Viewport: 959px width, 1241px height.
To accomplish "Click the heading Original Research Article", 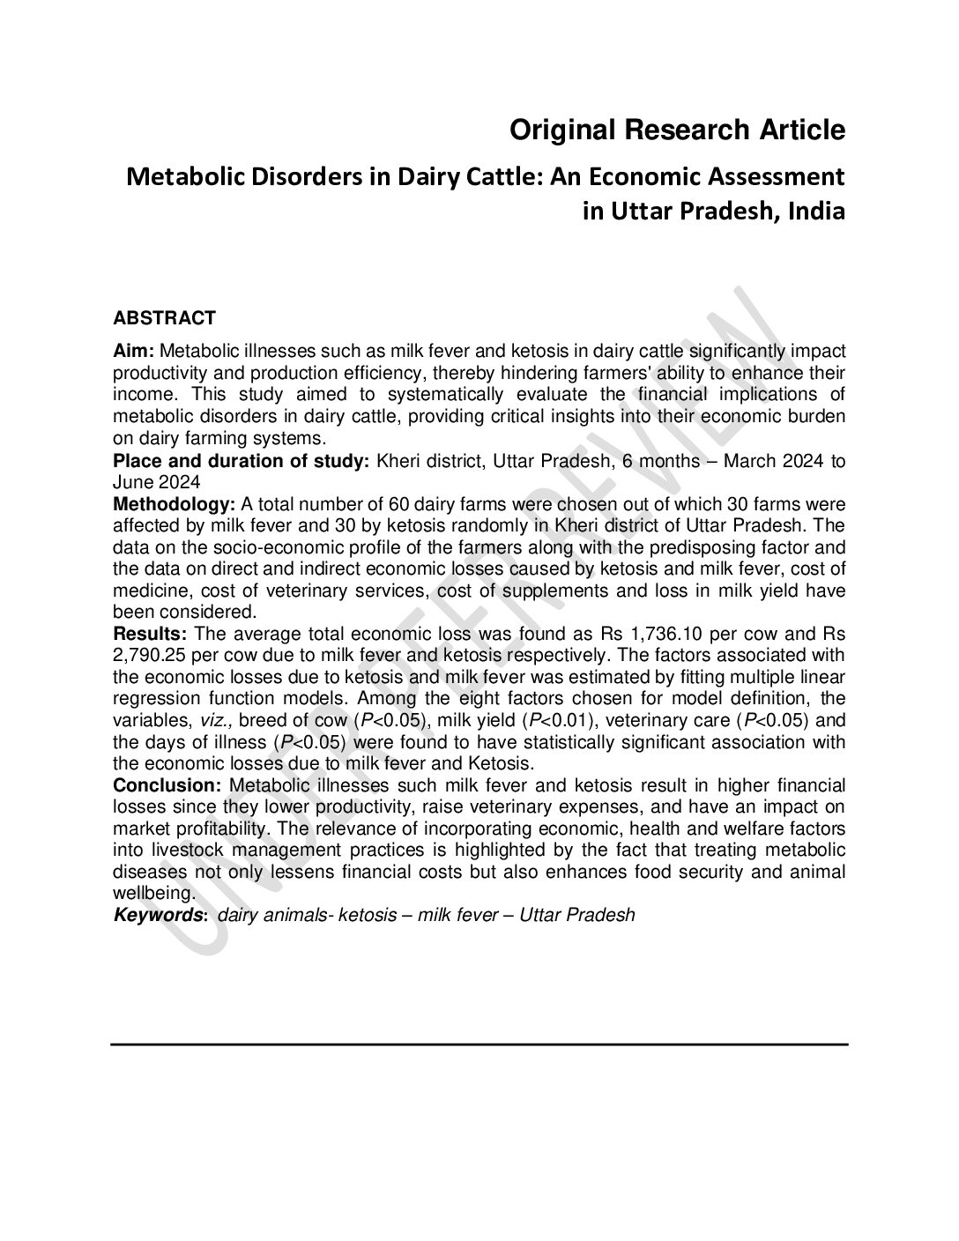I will click(x=678, y=130).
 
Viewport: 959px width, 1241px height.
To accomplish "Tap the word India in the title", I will click(x=817, y=212).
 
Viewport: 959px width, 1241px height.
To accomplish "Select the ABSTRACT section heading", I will click(x=165, y=317).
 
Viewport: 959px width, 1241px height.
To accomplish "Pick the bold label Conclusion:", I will click(x=167, y=785).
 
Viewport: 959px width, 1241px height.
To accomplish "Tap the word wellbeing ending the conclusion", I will click(x=148, y=893).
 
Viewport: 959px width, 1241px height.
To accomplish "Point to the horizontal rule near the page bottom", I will click(x=479, y=1044).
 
